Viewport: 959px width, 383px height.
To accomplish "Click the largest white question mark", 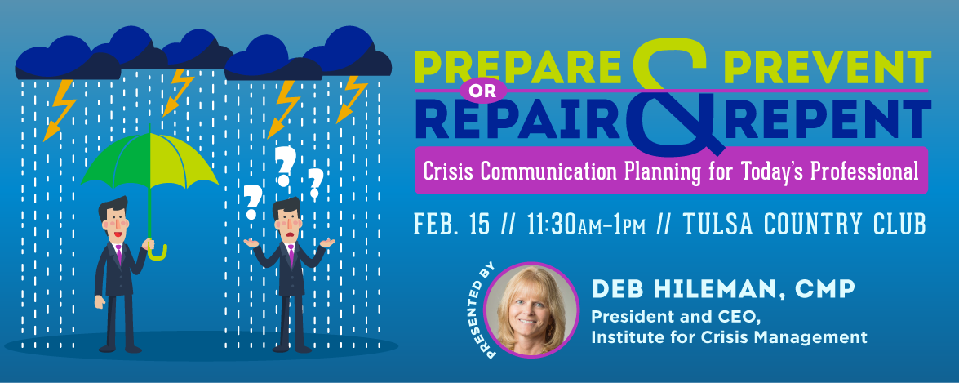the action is pyautogui.click(x=285, y=165).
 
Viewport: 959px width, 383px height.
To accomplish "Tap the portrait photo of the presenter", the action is pyautogui.click(x=531, y=310).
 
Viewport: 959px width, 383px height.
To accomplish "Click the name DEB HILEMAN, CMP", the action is pyautogui.click(x=722, y=289).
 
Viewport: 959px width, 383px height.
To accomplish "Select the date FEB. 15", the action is pyautogui.click(x=452, y=225).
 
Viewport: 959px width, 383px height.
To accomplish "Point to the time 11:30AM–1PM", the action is pyautogui.click(x=585, y=225).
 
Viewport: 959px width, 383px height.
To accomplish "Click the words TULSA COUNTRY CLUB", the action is pyautogui.click(x=804, y=225).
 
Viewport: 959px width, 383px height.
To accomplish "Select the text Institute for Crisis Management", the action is pyautogui.click(x=729, y=336).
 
